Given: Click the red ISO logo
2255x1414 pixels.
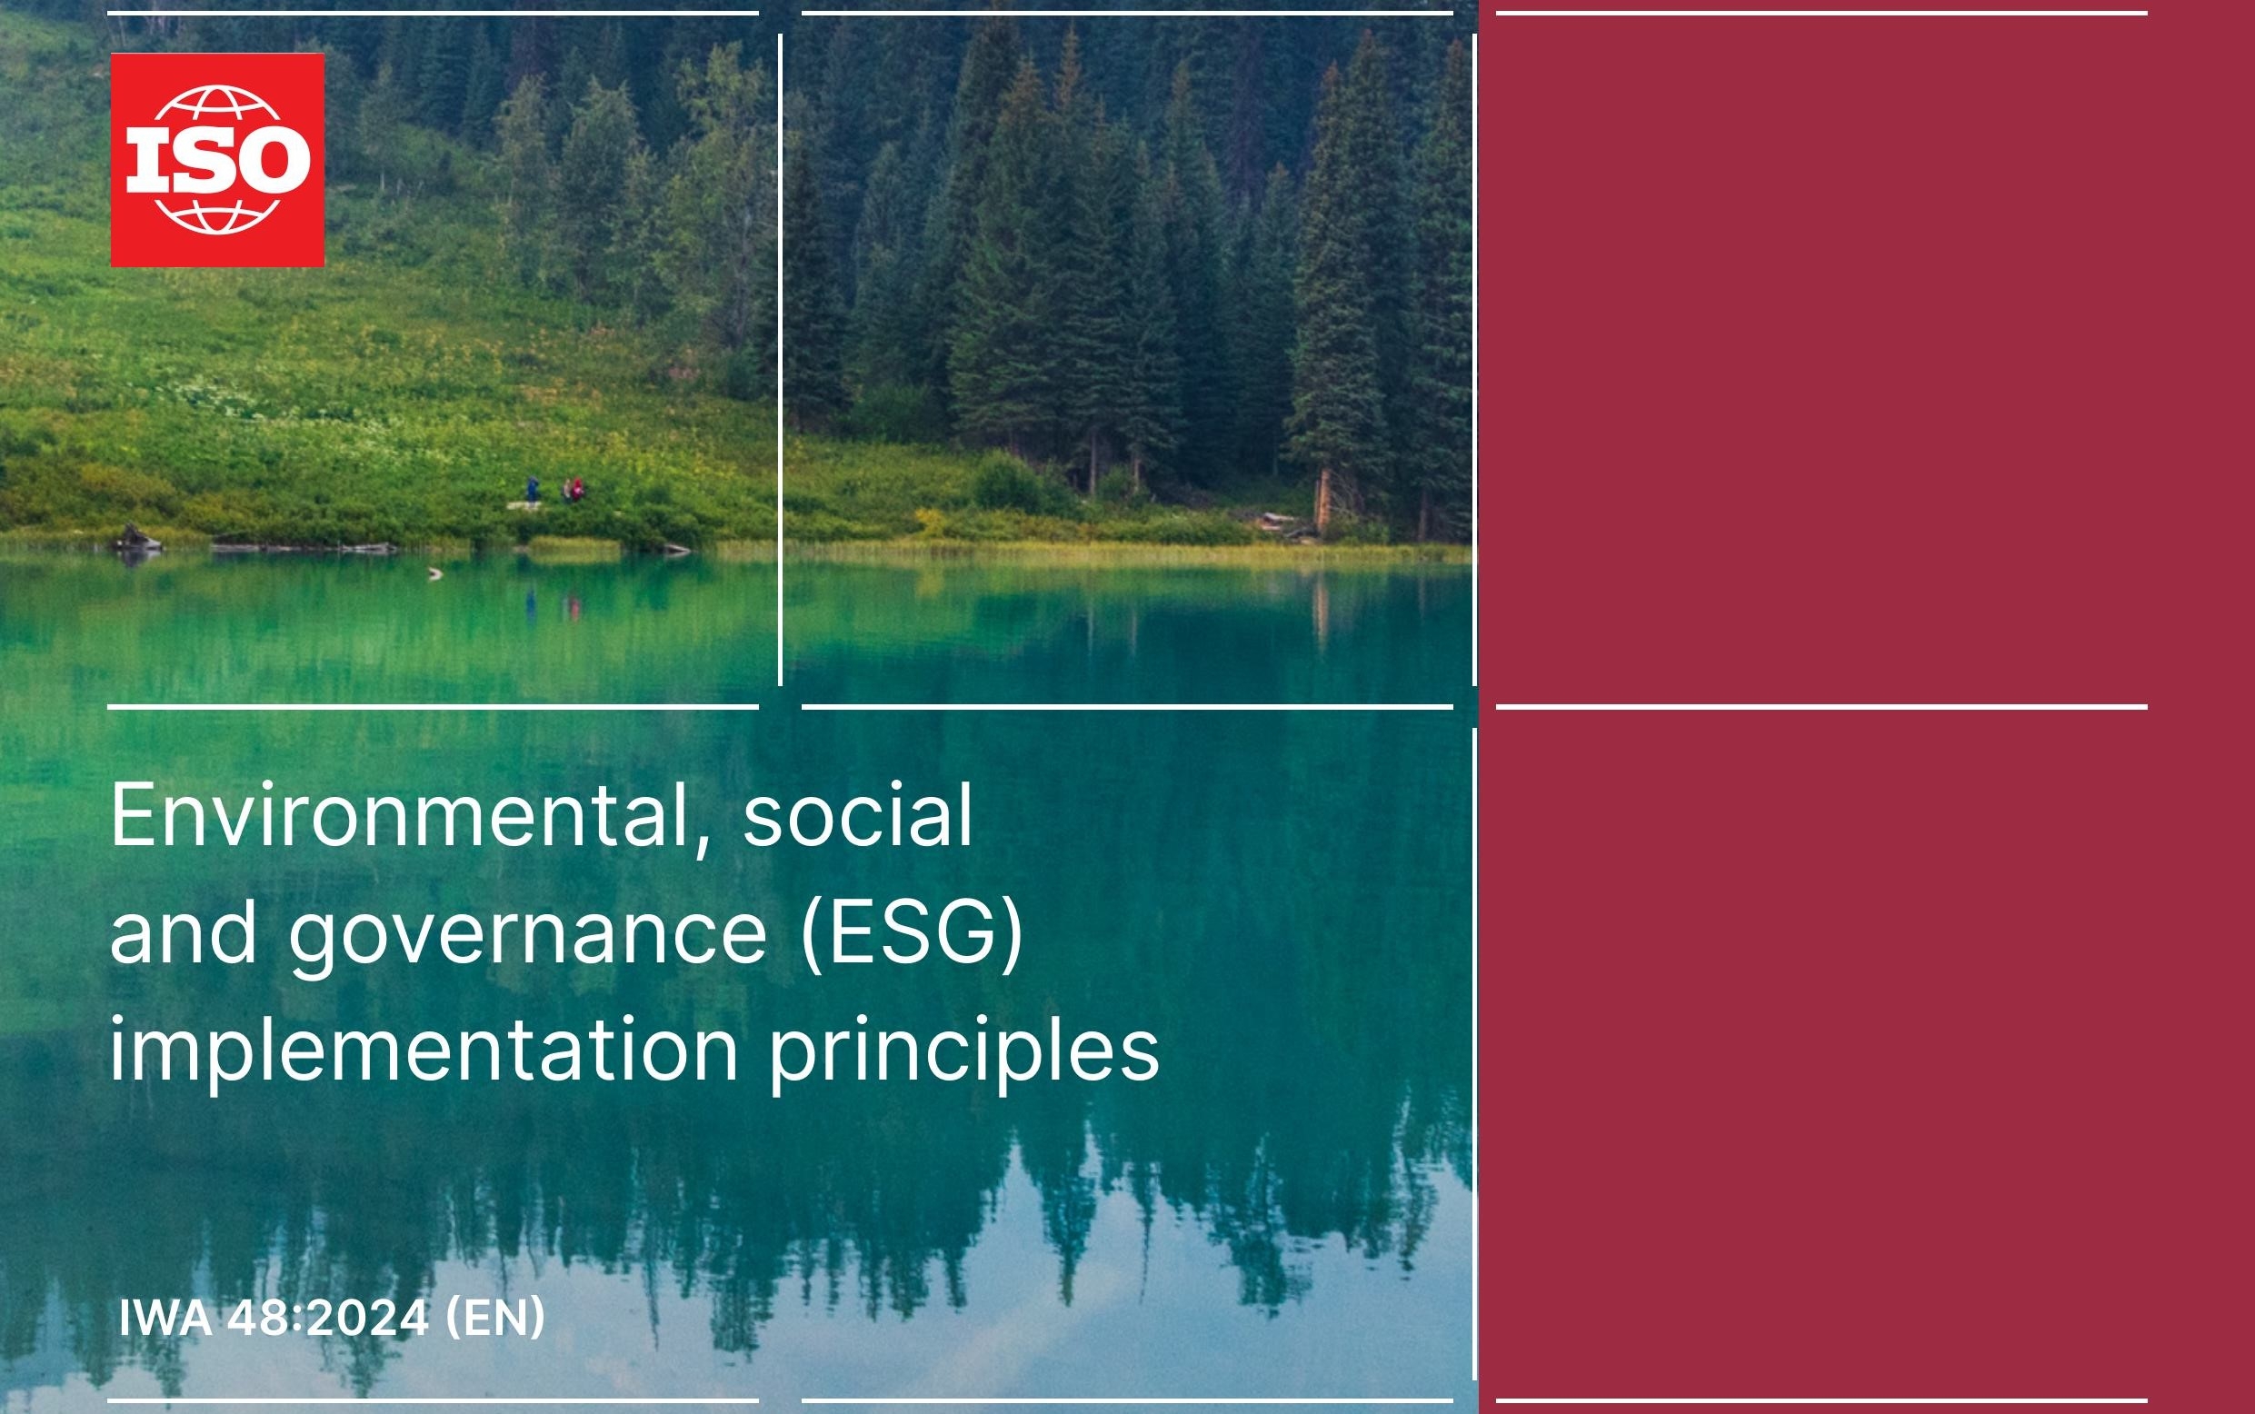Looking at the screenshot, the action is coord(217,160).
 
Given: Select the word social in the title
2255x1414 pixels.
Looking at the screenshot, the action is coord(858,815).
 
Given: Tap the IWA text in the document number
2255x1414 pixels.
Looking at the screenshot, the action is coord(165,1319).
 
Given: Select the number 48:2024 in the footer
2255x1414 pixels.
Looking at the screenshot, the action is coord(329,1319).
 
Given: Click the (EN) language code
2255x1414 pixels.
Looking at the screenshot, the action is coord(494,1319).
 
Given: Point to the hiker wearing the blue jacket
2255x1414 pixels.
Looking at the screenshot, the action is coord(533,489).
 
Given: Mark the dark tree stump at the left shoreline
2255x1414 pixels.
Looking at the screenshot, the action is coord(137,538).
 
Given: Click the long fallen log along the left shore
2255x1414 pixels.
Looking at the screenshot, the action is coord(304,547).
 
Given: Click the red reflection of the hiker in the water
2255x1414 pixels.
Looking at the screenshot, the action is coord(575,609).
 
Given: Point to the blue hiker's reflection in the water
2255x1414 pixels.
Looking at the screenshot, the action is coord(531,605).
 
